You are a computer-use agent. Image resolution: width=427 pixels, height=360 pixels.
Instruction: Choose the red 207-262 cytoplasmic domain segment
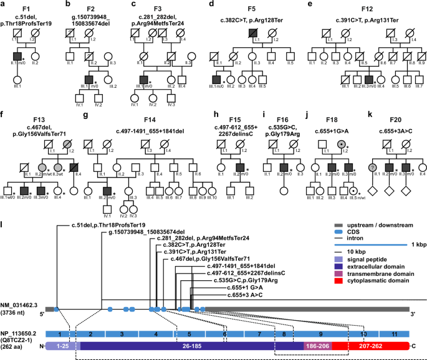[x=370, y=346]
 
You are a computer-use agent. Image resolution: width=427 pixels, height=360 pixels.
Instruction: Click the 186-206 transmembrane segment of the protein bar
[x=317, y=346]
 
